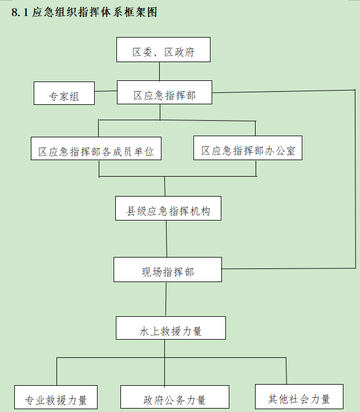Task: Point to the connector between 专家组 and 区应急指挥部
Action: click(106, 91)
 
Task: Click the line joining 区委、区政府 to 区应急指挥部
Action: click(160, 71)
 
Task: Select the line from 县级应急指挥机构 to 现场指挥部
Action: click(167, 238)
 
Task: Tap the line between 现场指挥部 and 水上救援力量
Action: click(166, 299)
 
